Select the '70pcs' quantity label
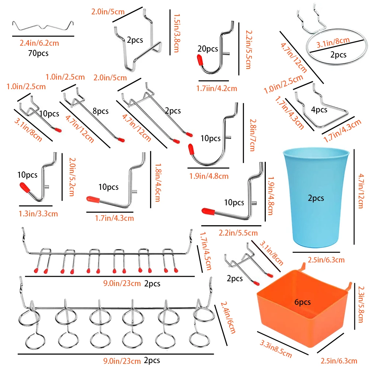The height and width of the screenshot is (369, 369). [x=38, y=53]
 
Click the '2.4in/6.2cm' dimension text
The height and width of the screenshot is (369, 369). [x=39, y=43]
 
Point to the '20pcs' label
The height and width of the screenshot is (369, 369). [x=208, y=49]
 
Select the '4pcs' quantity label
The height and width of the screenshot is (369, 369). [x=319, y=109]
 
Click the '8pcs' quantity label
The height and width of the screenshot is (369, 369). [x=100, y=111]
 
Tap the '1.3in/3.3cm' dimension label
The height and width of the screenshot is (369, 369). [x=38, y=213]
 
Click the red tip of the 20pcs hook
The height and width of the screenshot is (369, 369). [x=199, y=60]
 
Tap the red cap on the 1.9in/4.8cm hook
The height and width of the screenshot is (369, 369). [x=191, y=149]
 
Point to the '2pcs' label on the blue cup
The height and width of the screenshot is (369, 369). [x=316, y=198]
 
